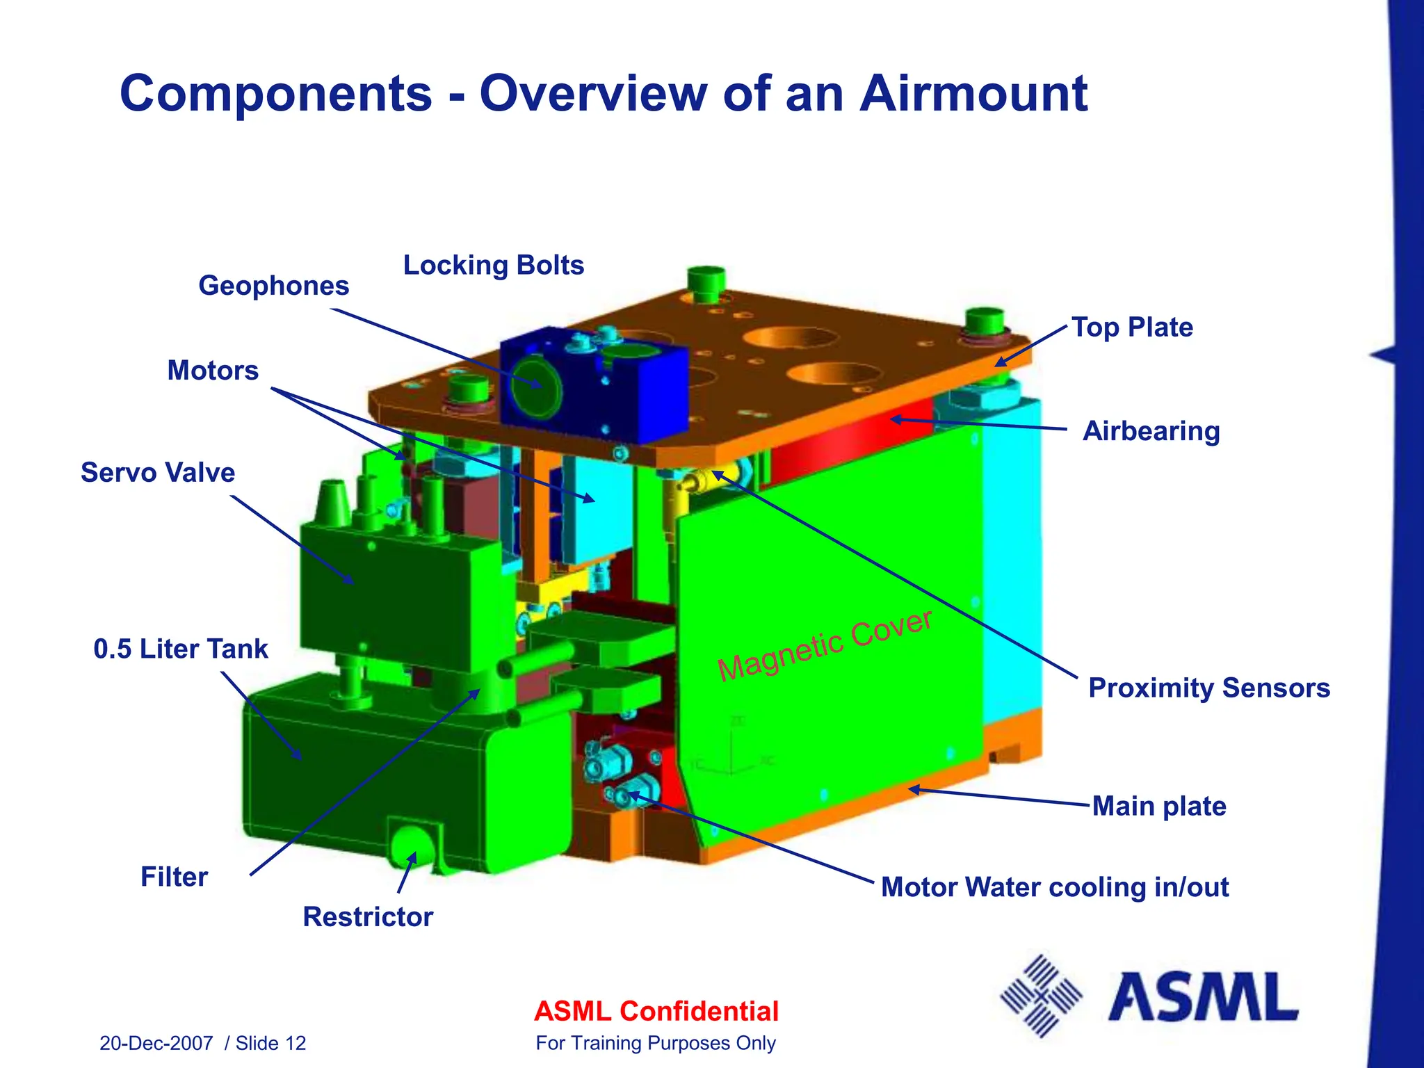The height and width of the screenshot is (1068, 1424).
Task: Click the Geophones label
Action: coord(273,286)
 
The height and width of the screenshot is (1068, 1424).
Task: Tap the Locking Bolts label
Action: coord(494,265)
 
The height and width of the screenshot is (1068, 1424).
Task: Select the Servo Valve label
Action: coord(158,473)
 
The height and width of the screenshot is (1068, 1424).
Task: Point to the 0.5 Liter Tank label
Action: coord(181,649)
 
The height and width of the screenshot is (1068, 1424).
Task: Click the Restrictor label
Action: coord(368,917)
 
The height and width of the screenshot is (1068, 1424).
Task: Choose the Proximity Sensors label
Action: coord(1208,688)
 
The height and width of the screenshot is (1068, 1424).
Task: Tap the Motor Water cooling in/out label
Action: coord(1054,888)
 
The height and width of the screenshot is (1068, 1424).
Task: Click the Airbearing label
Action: coord(1151,431)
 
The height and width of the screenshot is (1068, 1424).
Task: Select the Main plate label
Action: coord(1159,807)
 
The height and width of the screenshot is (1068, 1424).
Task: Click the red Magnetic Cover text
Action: coord(825,646)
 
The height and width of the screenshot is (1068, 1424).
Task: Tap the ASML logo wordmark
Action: coord(1203,998)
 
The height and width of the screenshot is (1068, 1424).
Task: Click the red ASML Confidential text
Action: coord(656,1012)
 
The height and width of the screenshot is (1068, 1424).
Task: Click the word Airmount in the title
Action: coord(973,94)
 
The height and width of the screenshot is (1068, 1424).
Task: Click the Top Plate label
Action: coord(1132,327)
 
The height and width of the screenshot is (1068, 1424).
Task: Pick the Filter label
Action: coord(174,877)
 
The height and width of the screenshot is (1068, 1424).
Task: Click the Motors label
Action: coord(213,371)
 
